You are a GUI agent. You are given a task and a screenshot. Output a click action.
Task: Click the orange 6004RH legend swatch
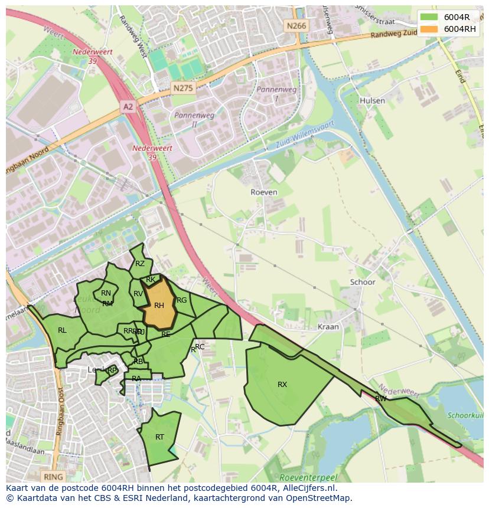click(429, 29)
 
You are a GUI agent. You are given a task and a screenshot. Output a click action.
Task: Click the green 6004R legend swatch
click(429, 17)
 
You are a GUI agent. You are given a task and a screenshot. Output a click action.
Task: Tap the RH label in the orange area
click(159, 306)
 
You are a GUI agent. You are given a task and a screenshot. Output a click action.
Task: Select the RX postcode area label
click(282, 385)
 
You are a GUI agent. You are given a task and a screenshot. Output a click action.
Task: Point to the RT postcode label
click(159, 437)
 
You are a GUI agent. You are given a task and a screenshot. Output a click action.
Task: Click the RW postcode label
click(381, 399)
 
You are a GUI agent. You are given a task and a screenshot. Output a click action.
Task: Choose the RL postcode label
click(62, 330)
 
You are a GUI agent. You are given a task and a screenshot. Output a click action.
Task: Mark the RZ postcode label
click(140, 264)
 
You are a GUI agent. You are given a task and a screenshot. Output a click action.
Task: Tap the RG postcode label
click(182, 300)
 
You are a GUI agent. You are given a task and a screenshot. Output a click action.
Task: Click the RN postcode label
click(106, 293)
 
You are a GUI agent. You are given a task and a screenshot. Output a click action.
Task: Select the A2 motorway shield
click(128, 106)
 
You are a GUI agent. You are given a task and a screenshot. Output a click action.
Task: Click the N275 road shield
click(183, 88)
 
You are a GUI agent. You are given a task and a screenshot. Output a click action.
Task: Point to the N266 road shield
click(296, 25)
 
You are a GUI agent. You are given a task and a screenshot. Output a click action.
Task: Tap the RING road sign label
click(53, 476)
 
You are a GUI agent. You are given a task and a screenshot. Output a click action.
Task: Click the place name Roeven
click(263, 192)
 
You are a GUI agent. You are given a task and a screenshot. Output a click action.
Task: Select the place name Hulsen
click(372, 101)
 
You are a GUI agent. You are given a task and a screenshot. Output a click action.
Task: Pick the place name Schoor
click(363, 282)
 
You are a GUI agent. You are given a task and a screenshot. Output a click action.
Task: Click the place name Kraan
click(328, 326)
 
